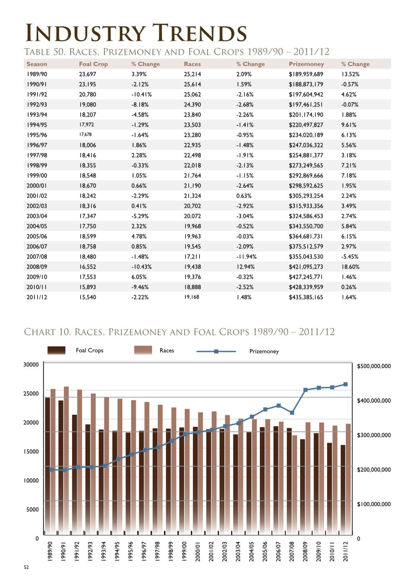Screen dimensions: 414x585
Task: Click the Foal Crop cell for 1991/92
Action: tap(87, 94)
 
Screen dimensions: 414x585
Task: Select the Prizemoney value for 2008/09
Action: tap(306, 266)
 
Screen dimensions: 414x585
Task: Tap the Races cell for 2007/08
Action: tap(192, 257)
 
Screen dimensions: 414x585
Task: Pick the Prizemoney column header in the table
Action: tap(306, 64)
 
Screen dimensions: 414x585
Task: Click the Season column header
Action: tap(37, 64)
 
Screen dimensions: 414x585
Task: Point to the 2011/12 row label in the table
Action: tap(37, 297)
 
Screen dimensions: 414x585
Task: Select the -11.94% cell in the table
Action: tap(246, 257)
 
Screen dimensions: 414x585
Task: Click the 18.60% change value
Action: tap(350, 266)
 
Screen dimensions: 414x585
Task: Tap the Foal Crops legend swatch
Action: tap(56, 350)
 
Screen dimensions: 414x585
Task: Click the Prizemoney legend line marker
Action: tap(216, 351)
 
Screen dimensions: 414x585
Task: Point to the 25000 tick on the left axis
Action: tap(31, 393)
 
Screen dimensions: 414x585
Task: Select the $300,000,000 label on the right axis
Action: tap(374, 435)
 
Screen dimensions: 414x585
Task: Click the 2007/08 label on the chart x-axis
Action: tap(292, 551)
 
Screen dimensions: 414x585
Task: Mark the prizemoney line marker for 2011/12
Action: tap(345, 384)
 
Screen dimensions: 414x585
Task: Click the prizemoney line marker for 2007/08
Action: tap(292, 413)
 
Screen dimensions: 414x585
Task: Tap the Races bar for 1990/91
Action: tap(66, 461)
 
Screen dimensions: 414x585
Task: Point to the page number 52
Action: tap(26, 567)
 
